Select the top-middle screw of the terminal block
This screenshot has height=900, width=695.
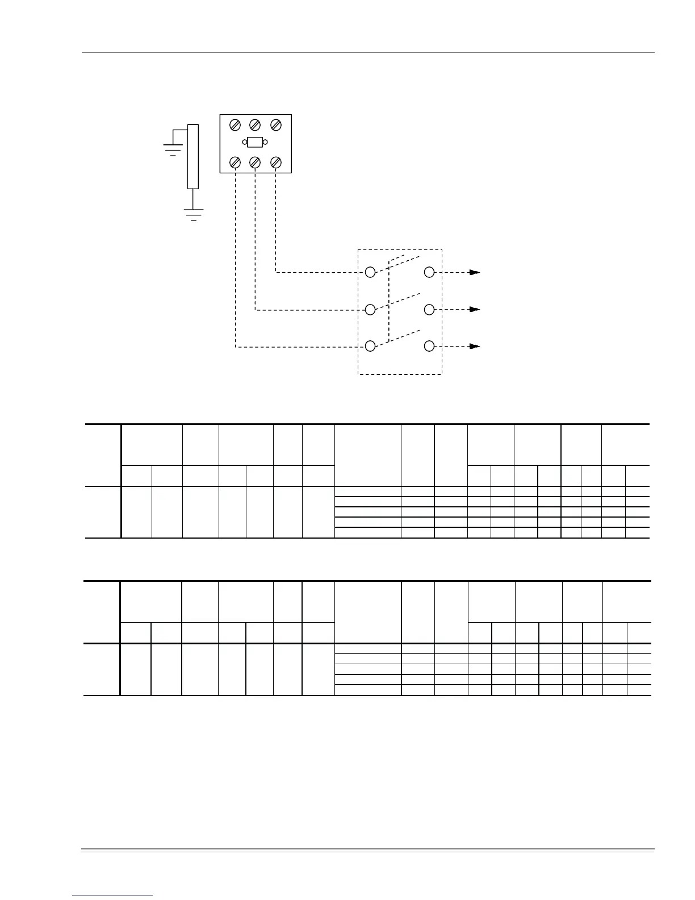tap(255, 124)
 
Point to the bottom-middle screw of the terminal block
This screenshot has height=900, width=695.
tap(255, 163)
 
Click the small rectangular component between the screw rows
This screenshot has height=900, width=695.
tap(255, 142)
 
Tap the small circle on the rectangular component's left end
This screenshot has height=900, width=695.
tap(245, 142)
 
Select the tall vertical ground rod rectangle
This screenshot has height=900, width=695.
tap(193, 156)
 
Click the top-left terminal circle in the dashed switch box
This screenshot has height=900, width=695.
tap(370, 272)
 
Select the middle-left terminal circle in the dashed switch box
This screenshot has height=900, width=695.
tap(370, 310)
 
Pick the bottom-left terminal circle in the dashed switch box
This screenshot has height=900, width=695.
tap(370, 346)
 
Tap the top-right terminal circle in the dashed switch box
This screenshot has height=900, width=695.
tap(430, 272)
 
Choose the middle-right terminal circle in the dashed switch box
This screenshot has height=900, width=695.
tap(430, 310)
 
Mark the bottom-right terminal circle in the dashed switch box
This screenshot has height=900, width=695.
tap(430, 346)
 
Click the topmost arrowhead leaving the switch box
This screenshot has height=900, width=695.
tap(475, 273)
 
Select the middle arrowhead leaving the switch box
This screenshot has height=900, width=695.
tap(475, 310)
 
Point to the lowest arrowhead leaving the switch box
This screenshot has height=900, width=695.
tap(475, 346)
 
